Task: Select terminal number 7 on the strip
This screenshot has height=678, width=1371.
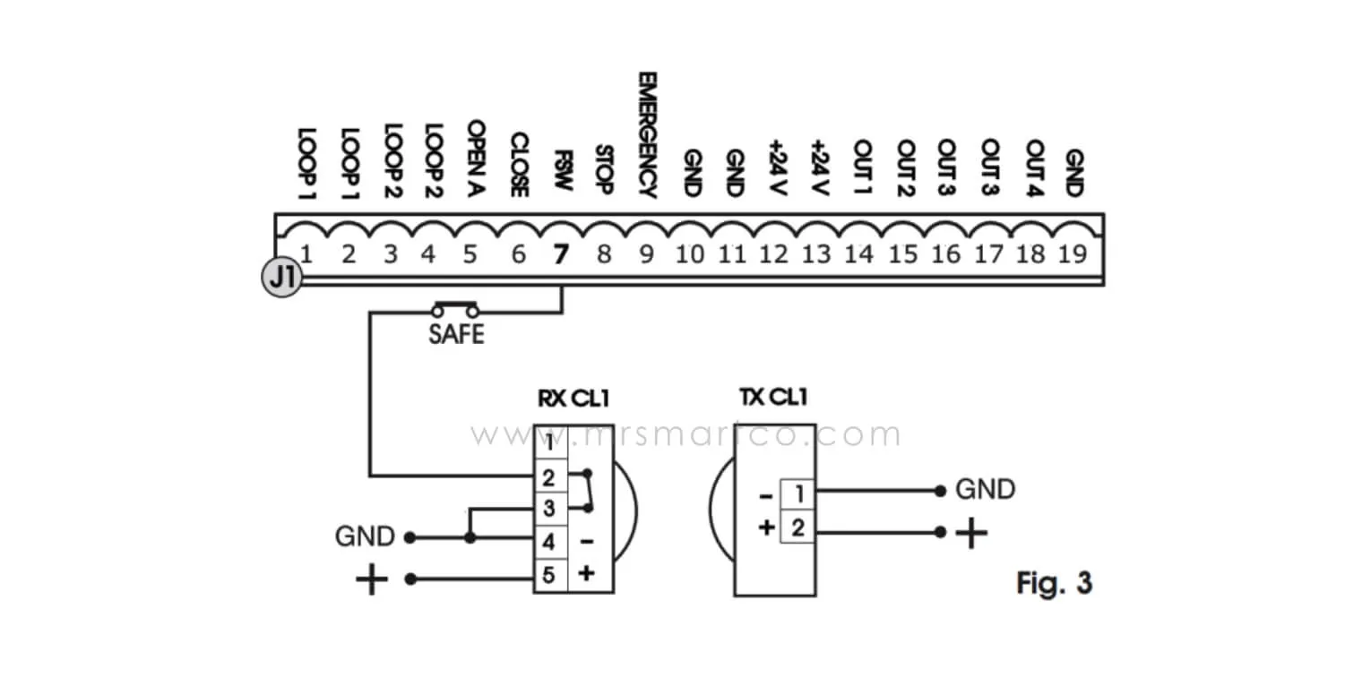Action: click(561, 255)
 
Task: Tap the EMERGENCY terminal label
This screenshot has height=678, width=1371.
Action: click(647, 134)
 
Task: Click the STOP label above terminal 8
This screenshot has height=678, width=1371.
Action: click(603, 170)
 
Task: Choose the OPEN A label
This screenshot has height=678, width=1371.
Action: click(475, 159)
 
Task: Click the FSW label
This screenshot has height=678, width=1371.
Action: click(562, 172)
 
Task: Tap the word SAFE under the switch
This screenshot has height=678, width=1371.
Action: click(456, 335)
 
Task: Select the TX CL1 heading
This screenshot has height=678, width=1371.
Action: click(766, 399)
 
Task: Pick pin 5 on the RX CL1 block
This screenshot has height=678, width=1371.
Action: click(548, 574)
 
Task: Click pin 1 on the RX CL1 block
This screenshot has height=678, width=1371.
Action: click(548, 442)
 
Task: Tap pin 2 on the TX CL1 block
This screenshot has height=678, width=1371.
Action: click(798, 528)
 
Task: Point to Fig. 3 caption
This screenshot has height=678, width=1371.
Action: click(1055, 584)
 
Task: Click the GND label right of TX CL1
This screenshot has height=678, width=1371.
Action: click(985, 490)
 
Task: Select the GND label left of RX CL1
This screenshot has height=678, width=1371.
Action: click(365, 537)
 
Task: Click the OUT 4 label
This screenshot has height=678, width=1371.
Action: click(1034, 168)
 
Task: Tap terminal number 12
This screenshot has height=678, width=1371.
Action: click(772, 254)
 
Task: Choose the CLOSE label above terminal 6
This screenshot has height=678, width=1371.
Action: click(518, 165)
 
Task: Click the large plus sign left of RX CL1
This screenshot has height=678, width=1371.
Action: click(372, 580)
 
